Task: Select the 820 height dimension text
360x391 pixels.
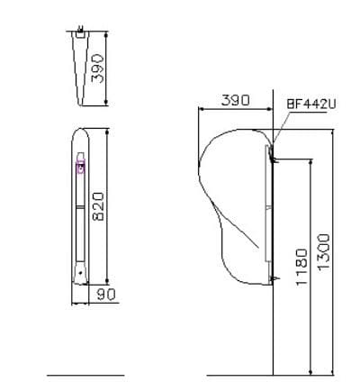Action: pos(100,205)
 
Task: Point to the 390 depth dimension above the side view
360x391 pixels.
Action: pos(235,101)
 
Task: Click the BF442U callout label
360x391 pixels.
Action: pos(310,104)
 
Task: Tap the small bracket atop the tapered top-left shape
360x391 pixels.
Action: pos(82,34)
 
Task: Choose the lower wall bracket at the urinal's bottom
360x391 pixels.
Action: pos(269,278)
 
